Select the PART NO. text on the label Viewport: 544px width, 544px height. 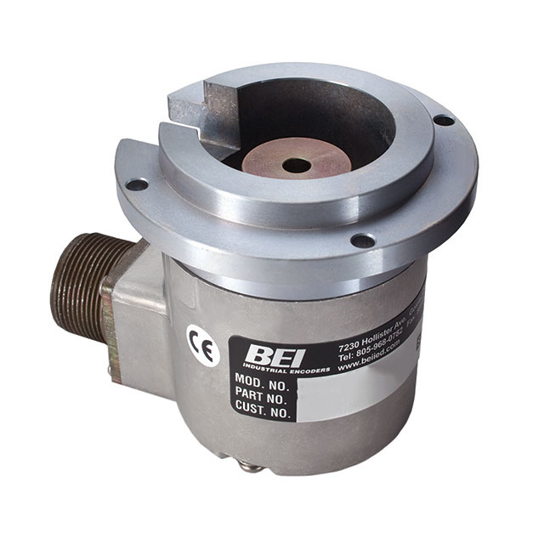[262, 398]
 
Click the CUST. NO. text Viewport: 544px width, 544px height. [263, 412]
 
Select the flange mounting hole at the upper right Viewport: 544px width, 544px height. [443, 121]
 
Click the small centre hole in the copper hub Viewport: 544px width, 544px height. [296, 165]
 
